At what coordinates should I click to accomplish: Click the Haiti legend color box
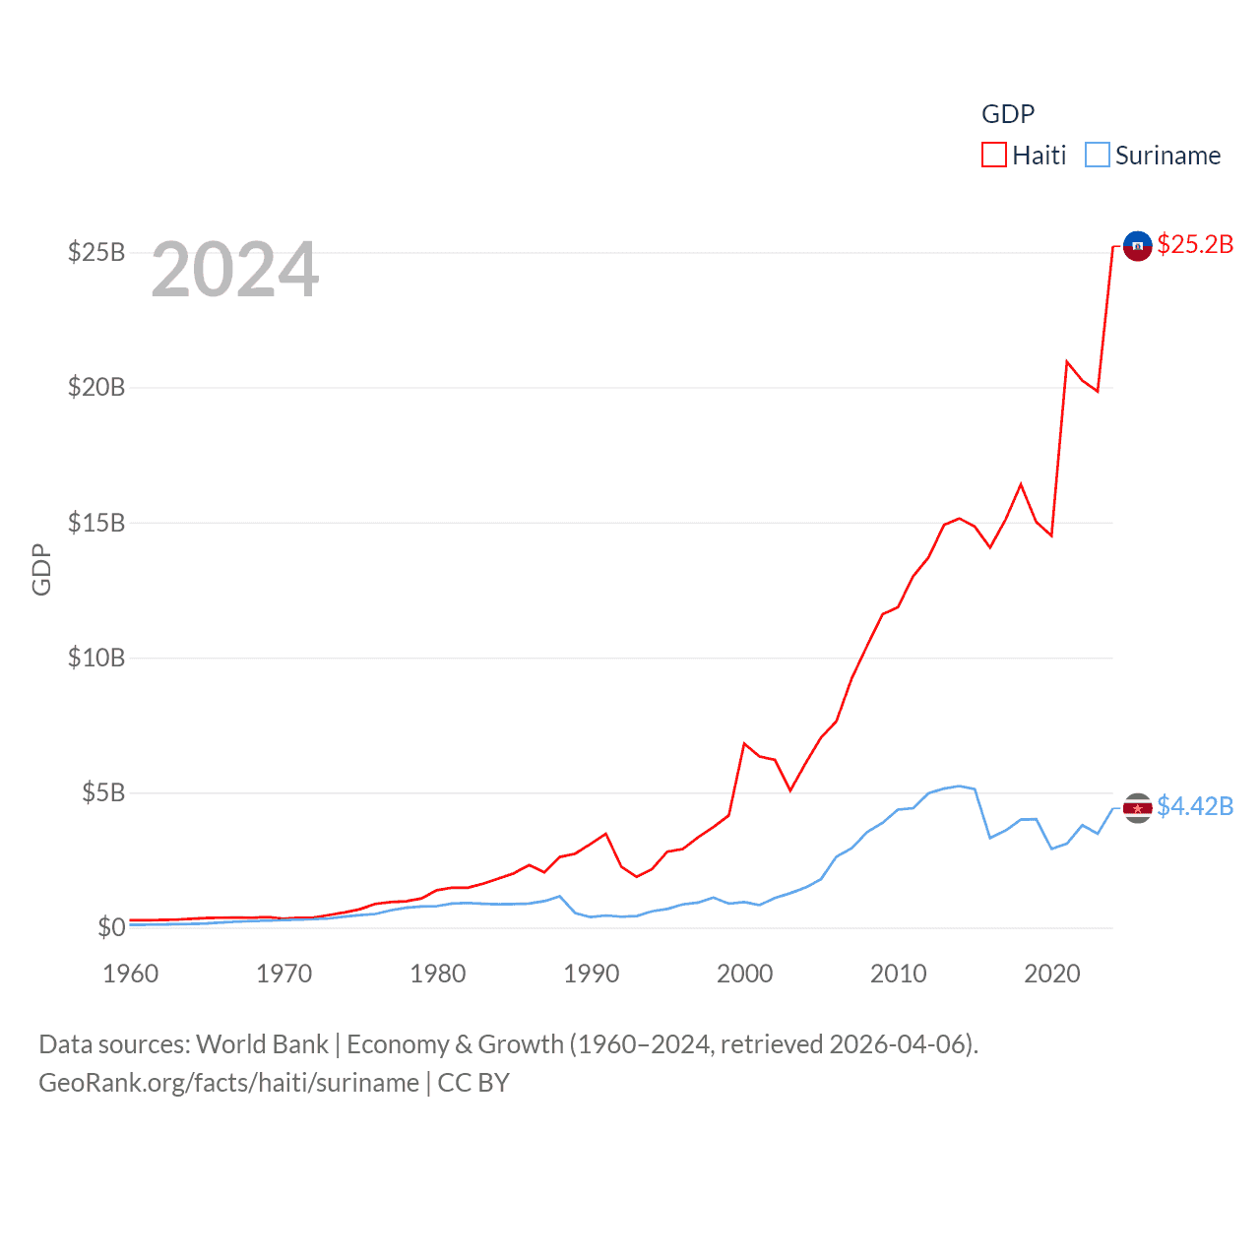click(x=994, y=156)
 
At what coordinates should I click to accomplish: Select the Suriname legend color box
click(x=1098, y=156)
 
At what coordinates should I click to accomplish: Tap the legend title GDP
click(x=1008, y=114)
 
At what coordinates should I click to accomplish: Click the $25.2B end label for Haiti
click(x=1195, y=244)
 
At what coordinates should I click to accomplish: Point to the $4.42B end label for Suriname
click(x=1195, y=806)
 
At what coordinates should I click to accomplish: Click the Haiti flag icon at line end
click(x=1137, y=246)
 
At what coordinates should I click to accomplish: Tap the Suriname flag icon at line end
click(x=1137, y=808)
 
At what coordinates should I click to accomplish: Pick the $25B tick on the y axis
click(x=96, y=253)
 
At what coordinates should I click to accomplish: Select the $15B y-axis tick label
click(x=96, y=523)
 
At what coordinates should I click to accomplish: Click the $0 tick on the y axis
click(x=111, y=927)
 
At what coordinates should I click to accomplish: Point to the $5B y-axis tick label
click(x=103, y=792)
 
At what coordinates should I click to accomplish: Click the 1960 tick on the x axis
click(x=131, y=974)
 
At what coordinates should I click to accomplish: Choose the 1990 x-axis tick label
click(x=592, y=974)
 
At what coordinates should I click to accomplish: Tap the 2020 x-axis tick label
click(x=1052, y=974)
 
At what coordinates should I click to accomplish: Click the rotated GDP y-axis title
click(x=41, y=569)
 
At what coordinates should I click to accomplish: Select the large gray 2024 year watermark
click(x=235, y=270)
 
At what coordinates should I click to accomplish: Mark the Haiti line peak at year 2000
click(x=744, y=743)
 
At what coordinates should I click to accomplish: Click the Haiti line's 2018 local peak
click(x=1021, y=483)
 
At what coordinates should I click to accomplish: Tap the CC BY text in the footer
click(x=473, y=1083)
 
